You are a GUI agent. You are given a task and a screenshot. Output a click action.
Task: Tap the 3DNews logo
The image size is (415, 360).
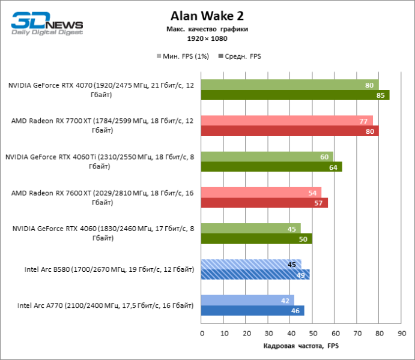47,25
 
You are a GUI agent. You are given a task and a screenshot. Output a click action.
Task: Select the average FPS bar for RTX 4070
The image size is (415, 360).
295,95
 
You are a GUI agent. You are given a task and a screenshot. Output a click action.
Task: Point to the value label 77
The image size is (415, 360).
363,121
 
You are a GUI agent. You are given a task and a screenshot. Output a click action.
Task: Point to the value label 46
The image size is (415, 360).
295,311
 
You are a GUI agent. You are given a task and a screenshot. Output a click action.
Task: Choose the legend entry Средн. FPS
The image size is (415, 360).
243,56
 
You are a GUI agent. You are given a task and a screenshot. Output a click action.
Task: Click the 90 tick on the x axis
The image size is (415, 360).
401,333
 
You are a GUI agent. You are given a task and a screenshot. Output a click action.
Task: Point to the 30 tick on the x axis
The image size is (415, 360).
268,333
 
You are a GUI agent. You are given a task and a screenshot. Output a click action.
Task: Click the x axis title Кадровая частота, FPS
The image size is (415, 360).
301,346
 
